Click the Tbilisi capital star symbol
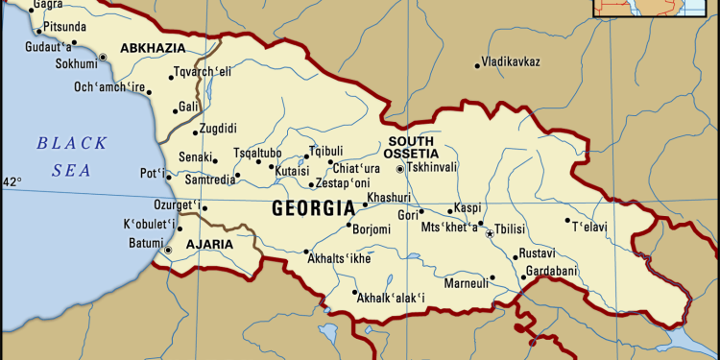[x=489, y=233]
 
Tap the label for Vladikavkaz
[x=511, y=63]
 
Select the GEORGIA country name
[x=313, y=207]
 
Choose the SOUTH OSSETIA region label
[x=411, y=148]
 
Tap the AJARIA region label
[x=208, y=245]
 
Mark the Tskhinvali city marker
[x=400, y=169]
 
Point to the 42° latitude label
[x=11, y=181]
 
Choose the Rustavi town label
[x=537, y=252]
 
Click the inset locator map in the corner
[x=635, y=9]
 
